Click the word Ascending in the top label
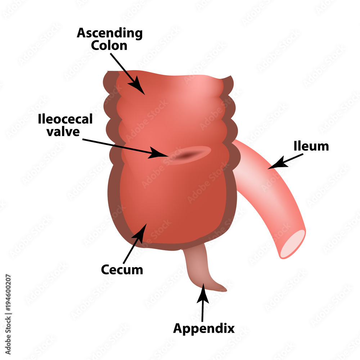[x=110, y=33]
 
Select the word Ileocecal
[x=65, y=120]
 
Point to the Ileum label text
[x=311, y=146]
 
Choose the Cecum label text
[x=122, y=269]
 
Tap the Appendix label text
[x=204, y=328]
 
